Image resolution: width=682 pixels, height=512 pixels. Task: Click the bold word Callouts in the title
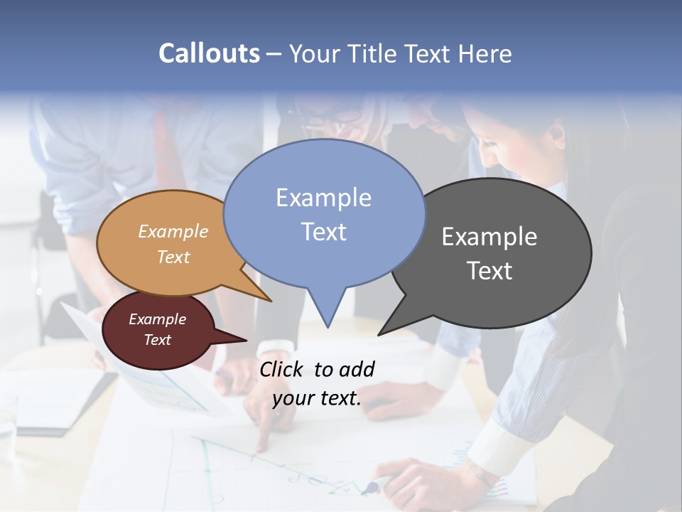pyautogui.click(x=209, y=53)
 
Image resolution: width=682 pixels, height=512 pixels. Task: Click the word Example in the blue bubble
pyautogui.click(x=323, y=198)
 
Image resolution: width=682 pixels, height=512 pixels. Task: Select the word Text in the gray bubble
pyautogui.click(x=489, y=271)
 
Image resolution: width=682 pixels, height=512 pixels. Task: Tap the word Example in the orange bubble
pyautogui.click(x=173, y=231)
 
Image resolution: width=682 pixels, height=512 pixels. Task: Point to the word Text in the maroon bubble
pyautogui.click(x=158, y=340)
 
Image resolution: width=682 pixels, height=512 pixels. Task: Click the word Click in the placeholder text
pyautogui.click(x=282, y=369)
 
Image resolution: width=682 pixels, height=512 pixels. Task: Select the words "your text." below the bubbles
pyautogui.click(x=317, y=398)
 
